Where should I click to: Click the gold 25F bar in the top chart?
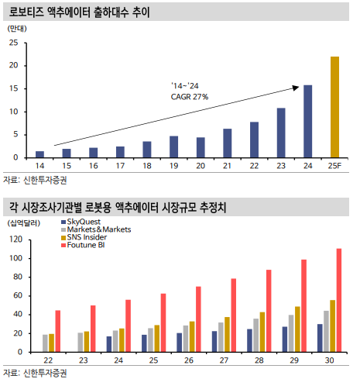(334, 107)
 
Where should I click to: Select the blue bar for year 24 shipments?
(307, 121)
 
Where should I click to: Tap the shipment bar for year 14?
(39, 154)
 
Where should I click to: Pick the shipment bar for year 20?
(201, 147)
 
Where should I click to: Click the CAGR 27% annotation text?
(190, 97)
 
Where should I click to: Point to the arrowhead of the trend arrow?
(296, 88)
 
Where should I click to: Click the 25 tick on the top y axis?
(13, 43)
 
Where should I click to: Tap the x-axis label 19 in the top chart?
(173, 166)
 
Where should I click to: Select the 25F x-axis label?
(334, 166)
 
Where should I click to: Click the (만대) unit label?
(17, 29)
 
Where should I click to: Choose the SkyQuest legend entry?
(81, 222)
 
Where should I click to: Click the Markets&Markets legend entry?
(96, 229)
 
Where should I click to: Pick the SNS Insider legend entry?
(84, 237)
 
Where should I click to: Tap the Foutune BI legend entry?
(83, 245)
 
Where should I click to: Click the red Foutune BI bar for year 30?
(339, 300)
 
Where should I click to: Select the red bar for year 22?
(58, 331)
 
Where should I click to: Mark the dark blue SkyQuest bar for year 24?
(109, 344)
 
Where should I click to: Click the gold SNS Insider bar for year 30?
(332, 326)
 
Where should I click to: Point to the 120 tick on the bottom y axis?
(16, 240)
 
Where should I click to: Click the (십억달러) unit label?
(24, 223)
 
